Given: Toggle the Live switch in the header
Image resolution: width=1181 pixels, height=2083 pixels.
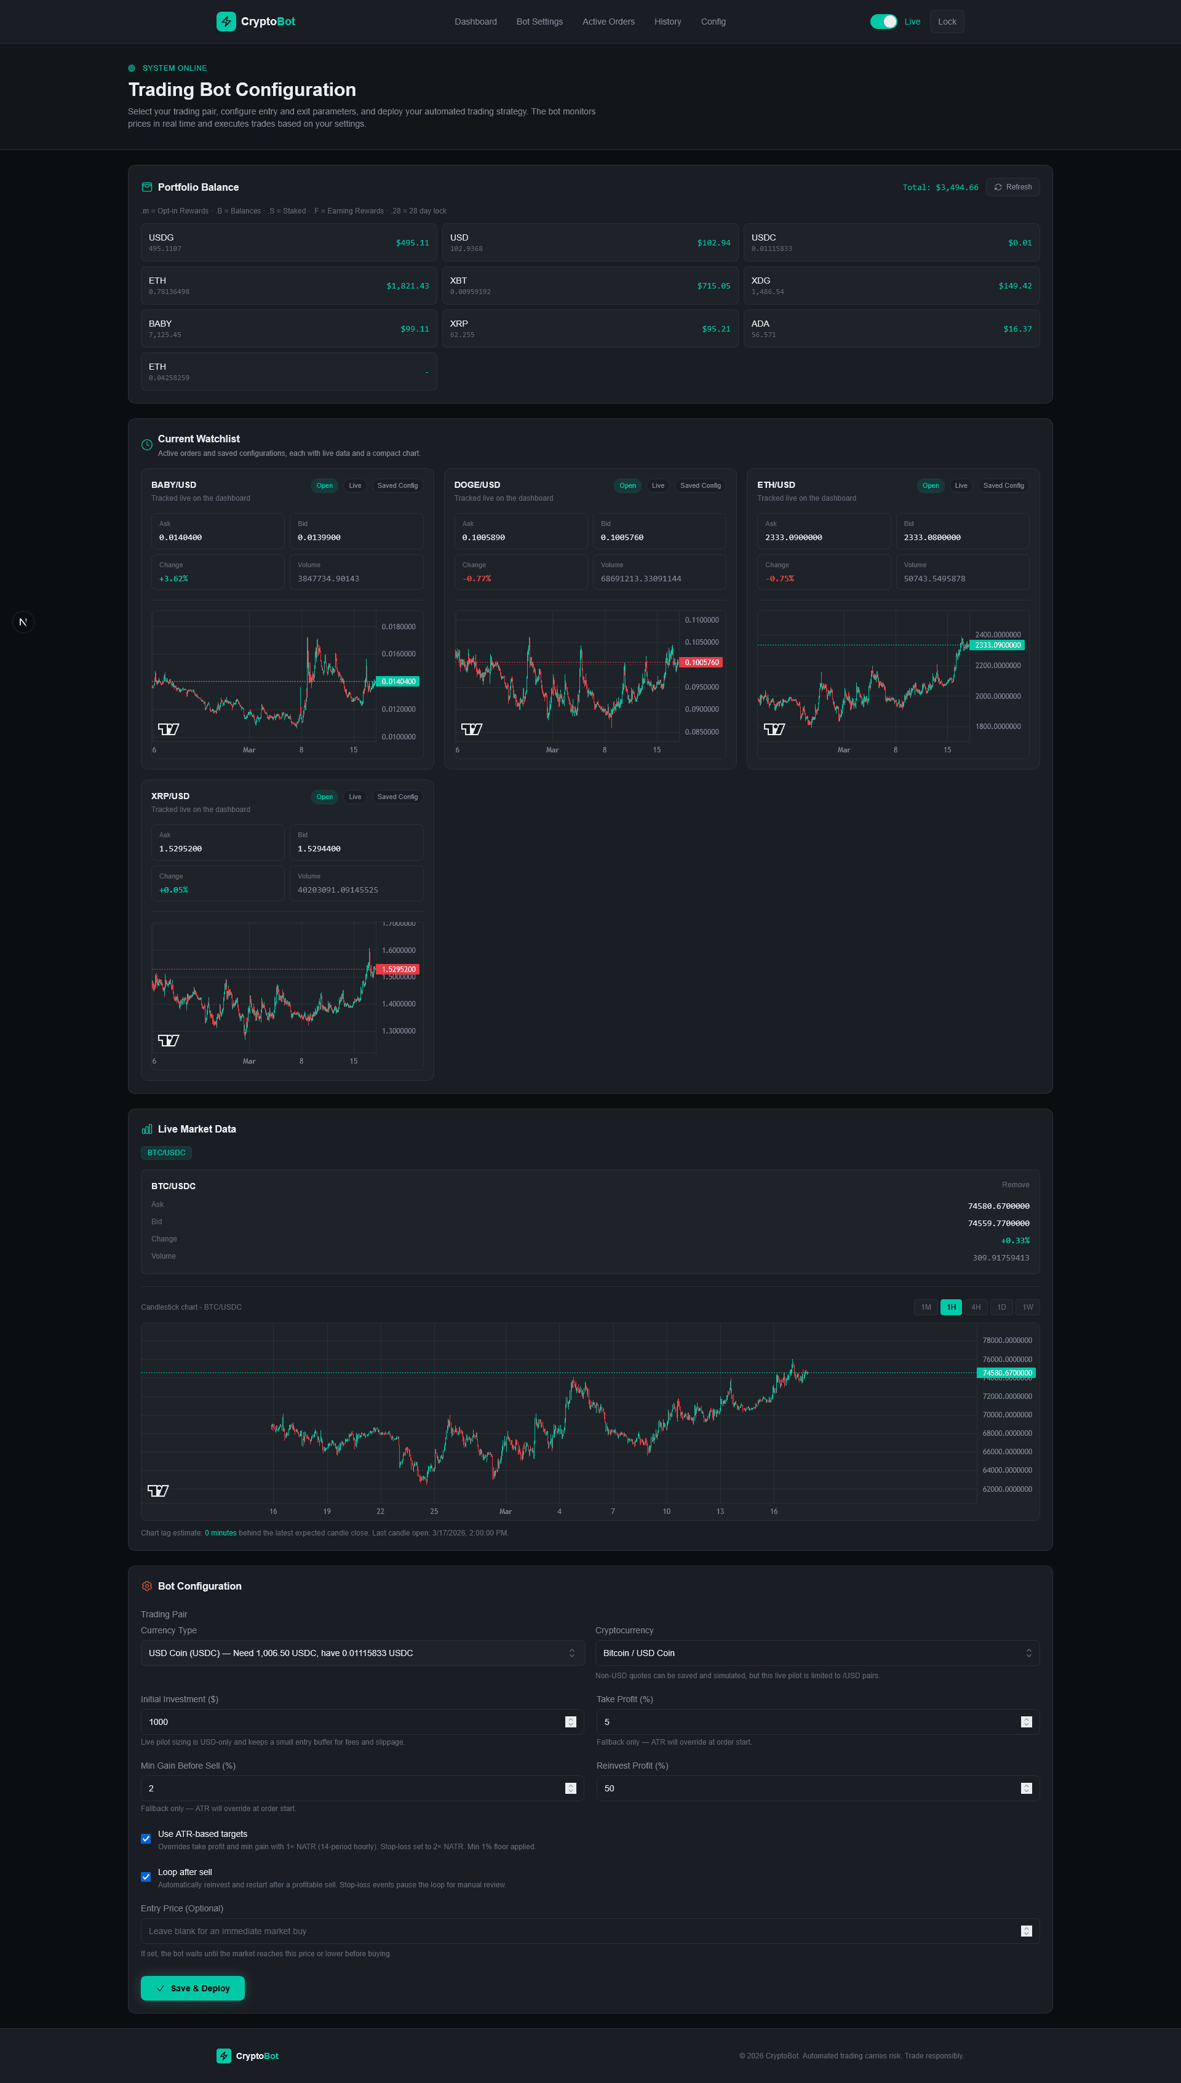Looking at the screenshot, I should click(x=883, y=22).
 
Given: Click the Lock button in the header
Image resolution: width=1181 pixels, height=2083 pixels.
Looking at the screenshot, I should click(x=947, y=22).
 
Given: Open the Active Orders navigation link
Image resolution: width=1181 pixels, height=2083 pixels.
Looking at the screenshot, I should click(x=608, y=22).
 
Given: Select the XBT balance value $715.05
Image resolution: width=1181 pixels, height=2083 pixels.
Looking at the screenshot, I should click(x=713, y=286).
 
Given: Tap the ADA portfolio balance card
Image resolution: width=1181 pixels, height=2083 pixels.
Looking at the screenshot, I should click(x=891, y=329).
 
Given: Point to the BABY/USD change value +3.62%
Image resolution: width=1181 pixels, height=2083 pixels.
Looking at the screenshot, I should click(x=173, y=579).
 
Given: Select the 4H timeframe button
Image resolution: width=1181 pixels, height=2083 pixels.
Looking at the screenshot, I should click(x=976, y=1307).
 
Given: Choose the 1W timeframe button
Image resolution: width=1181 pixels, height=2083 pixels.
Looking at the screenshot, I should click(x=1027, y=1307).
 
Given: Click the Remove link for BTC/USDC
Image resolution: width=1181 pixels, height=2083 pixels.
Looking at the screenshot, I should click(x=1015, y=1185).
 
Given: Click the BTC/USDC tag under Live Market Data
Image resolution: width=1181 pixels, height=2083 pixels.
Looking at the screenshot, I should click(x=166, y=1153).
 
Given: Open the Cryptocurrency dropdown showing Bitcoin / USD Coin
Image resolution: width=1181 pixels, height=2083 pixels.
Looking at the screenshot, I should click(x=817, y=1653).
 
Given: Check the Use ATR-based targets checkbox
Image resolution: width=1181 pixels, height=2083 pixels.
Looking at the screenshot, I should click(x=146, y=1839).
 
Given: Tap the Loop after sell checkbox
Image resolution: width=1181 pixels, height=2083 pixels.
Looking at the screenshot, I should click(x=146, y=1877).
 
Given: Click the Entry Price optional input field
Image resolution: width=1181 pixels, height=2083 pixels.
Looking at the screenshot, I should click(x=580, y=1931).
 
